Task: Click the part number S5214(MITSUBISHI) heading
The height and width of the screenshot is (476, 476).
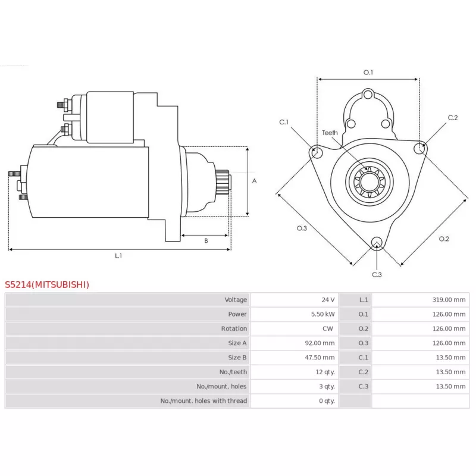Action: [47, 284]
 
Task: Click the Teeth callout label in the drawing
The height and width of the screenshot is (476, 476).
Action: [330, 133]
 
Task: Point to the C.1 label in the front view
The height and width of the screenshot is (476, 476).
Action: [284, 122]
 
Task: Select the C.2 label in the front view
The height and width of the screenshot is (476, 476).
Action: [452, 117]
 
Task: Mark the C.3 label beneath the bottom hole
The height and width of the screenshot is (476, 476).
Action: [377, 274]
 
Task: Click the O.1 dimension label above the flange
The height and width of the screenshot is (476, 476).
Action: [368, 73]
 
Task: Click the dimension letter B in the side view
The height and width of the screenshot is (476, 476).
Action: [206, 241]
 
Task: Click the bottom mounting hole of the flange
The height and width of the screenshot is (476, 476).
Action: [376, 242]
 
